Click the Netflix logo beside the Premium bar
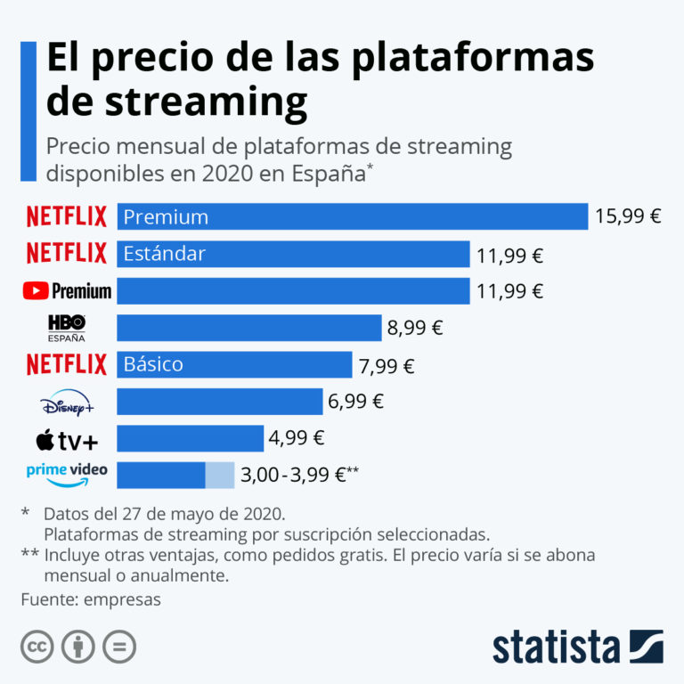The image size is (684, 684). (67, 216)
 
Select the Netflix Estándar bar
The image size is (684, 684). (293, 254)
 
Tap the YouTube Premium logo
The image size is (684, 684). (67, 291)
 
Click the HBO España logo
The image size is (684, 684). (67, 328)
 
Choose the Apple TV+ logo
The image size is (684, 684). (67, 439)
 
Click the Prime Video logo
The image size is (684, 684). (67, 474)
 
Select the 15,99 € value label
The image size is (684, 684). (628, 216)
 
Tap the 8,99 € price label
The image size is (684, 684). (414, 328)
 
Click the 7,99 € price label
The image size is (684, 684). (385, 365)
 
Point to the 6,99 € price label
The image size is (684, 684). (355, 402)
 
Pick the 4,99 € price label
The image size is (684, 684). (297, 438)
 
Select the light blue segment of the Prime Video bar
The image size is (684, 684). (220, 475)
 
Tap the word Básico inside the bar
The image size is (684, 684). (153, 364)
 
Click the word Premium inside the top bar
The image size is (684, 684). (166, 216)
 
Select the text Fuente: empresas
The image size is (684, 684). (91, 599)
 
